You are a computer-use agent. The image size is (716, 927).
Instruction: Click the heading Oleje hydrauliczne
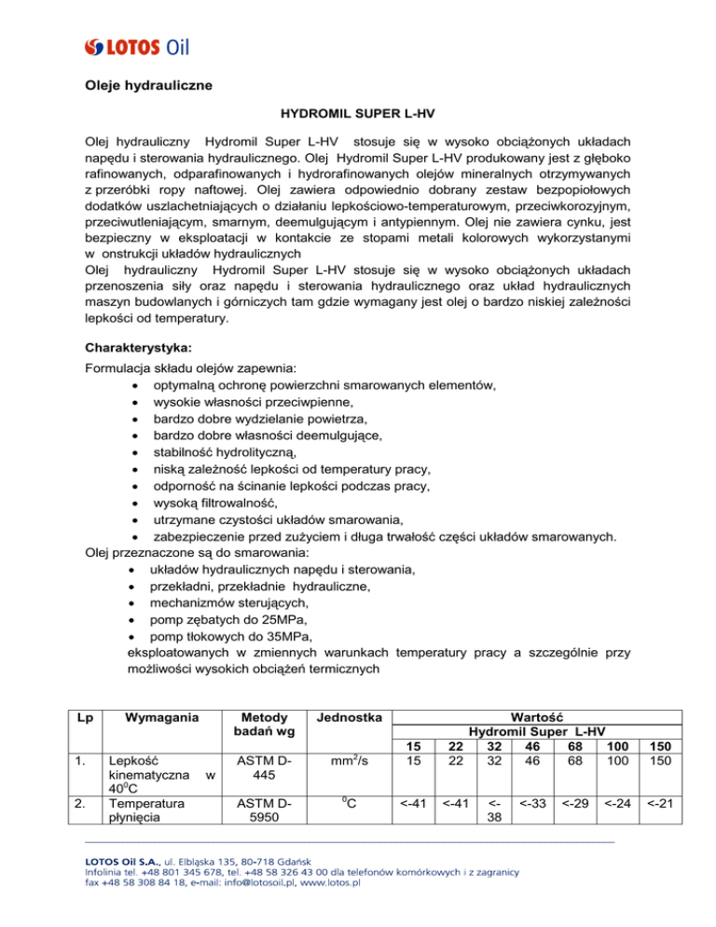145,87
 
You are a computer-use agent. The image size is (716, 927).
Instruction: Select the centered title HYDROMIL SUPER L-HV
357,118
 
